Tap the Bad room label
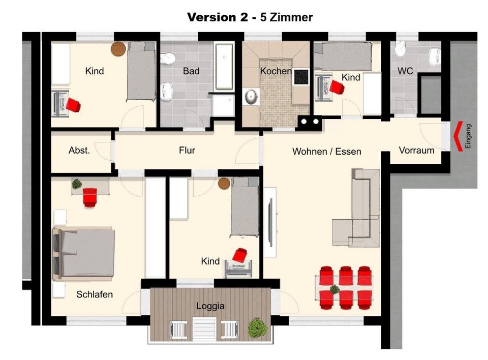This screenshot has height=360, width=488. point(191,71)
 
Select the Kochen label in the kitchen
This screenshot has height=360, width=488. point(276,71)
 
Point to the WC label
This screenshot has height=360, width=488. point(405,71)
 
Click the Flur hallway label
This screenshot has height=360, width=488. point(187,150)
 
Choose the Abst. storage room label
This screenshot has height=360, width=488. point(79,150)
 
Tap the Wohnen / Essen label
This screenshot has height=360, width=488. point(327,152)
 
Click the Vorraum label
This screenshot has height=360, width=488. point(416,150)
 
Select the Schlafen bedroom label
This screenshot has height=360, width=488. point(95,294)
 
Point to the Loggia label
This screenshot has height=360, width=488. point(210,306)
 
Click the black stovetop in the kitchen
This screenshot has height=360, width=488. point(301,77)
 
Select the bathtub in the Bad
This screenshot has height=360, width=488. point(224,67)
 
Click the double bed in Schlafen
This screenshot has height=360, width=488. point(84,253)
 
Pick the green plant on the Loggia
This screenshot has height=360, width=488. point(257,327)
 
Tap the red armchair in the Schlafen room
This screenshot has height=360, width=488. point(90,197)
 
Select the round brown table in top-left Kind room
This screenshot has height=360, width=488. point(118,49)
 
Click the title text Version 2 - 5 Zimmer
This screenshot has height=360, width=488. point(250,17)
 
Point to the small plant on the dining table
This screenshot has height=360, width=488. point(334,290)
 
